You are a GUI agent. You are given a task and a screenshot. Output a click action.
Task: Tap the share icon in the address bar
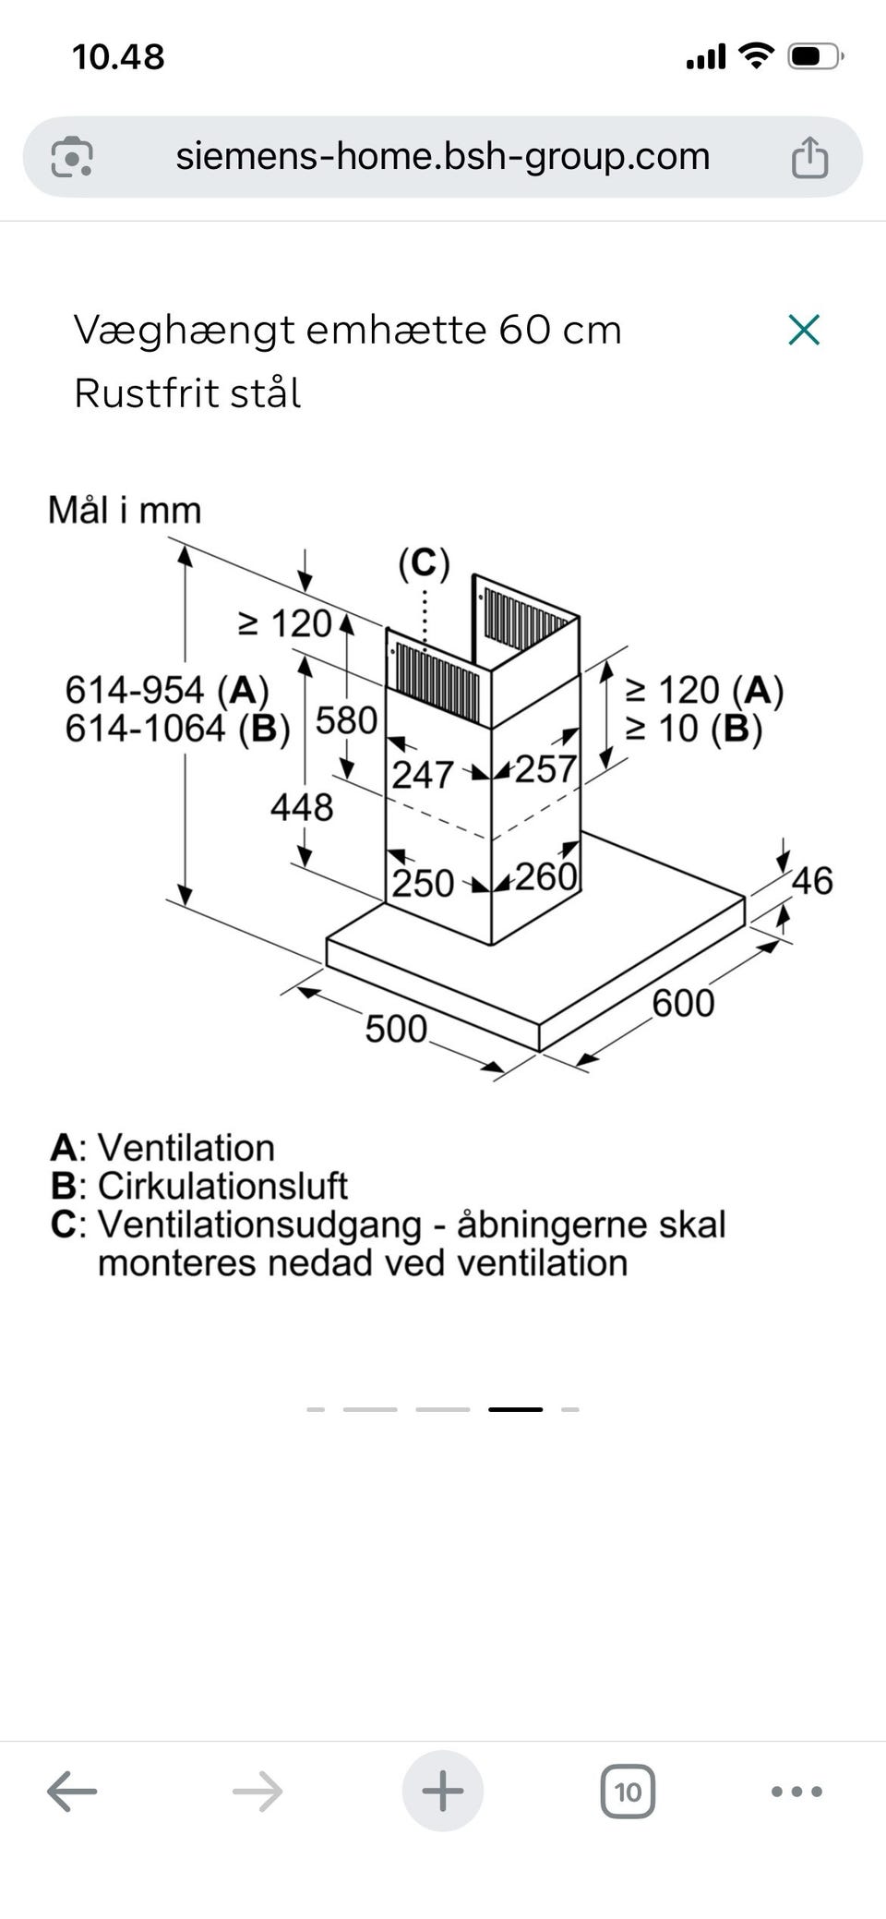[x=809, y=156]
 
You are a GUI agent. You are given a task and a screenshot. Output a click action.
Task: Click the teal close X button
[x=804, y=330]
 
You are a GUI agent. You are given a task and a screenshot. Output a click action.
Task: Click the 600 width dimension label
[x=683, y=1003]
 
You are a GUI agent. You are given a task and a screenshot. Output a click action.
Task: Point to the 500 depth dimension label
[x=396, y=1029]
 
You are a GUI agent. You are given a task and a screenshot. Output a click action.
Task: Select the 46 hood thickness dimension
[x=812, y=881]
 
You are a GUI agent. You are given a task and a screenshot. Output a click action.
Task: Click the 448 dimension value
[x=302, y=808]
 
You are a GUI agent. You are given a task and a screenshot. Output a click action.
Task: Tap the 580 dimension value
[x=346, y=720]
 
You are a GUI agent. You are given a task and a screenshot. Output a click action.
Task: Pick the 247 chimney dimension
[x=423, y=775]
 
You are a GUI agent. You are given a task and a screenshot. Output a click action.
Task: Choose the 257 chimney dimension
[x=545, y=769]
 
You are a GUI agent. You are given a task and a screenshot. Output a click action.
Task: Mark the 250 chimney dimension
[x=424, y=884]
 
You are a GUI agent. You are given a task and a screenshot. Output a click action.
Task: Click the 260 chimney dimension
[x=545, y=876]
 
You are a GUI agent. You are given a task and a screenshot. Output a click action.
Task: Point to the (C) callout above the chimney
[x=424, y=563]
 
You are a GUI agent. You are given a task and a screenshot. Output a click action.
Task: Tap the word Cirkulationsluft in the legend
[x=222, y=1186]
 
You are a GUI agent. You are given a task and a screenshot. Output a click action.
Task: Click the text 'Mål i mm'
[x=125, y=510]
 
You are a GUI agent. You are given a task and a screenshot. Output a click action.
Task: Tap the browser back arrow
[x=72, y=1792]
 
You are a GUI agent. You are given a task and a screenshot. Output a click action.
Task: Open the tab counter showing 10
[x=628, y=1792]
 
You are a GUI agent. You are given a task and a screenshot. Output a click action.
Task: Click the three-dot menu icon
[x=796, y=1792]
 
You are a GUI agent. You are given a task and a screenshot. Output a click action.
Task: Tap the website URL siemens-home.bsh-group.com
[x=443, y=156]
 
